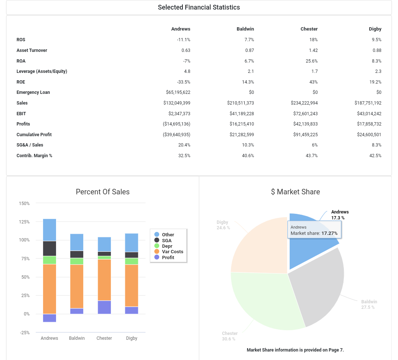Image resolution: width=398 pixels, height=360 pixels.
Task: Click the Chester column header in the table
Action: tap(309, 29)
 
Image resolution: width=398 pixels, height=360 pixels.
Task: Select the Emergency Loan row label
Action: tap(33, 92)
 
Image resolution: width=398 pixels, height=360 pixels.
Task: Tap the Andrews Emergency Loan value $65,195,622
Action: tap(178, 92)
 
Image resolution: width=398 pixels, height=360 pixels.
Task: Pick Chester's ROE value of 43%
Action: tap(314, 82)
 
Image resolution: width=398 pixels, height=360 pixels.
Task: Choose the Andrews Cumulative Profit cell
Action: tap(177, 135)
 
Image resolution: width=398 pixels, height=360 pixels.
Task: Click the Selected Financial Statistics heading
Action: tap(199, 7)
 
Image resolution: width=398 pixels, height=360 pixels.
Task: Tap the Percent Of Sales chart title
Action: tap(102, 192)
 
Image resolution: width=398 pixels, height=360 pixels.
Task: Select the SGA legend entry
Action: tap(167, 240)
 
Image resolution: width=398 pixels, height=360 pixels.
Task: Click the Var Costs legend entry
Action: tap(172, 252)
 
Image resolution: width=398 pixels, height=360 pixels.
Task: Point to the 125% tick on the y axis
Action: tap(24, 222)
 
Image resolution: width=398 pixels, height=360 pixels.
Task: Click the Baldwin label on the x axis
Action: tap(77, 338)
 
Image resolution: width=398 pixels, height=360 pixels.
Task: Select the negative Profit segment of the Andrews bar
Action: tap(49, 318)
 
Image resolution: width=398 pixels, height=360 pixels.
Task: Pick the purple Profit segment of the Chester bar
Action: tap(104, 307)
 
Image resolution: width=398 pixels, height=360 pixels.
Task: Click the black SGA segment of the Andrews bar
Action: tap(49, 248)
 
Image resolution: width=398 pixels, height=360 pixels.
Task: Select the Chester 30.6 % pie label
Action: tap(230, 336)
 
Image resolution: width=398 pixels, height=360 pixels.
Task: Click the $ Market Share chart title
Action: tap(295, 192)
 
